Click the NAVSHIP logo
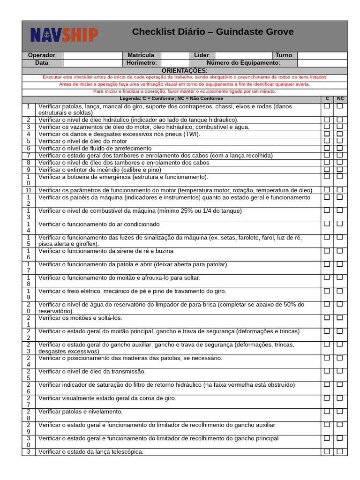point(64,34)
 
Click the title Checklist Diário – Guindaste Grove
point(213,32)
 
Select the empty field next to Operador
point(92,55)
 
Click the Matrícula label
point(141,55)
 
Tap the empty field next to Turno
point(322,55)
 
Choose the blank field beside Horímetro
point(175,63)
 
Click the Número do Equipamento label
point(243,63)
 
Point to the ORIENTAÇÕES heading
point(184,70)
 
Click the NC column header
point(340,99)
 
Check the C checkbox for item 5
point(327,141)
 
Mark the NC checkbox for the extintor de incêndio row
point(340,170)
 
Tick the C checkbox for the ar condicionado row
point(327,224)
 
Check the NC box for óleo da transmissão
point(340,371)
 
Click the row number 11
point(29,190)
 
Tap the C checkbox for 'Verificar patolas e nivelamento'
point(327,412)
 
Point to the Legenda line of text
point(172,99)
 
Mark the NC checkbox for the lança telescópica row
point(340,451)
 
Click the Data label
point(42,63)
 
